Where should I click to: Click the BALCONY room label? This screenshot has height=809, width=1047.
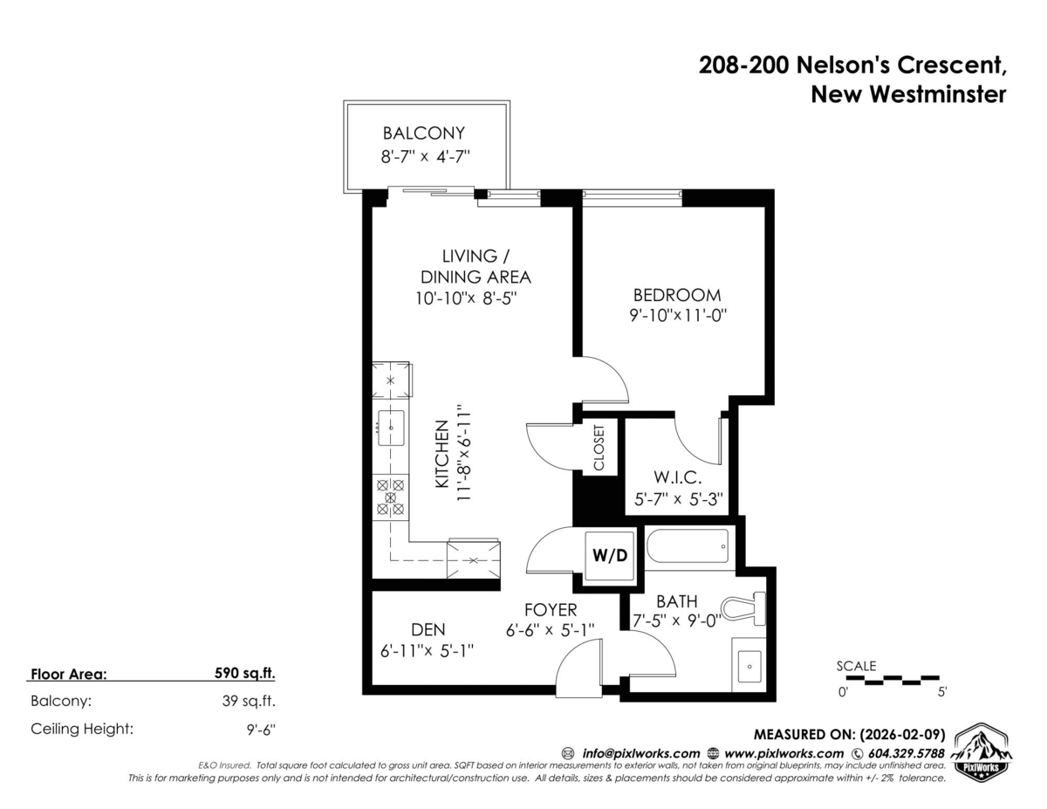pyautogui.click(x=423, y=134)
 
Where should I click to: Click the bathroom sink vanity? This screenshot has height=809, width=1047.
pyautogui.click(x=749, y=666)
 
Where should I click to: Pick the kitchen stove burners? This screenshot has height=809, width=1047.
pyautogui.click(x=390, y=497)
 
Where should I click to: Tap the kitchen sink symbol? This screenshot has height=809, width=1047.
pyautogui.click(x=390, y=427)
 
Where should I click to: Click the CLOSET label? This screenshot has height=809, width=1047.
pyautogui.click(x=599, y=448)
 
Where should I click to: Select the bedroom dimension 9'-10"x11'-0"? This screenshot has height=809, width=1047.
pyautogui.click(x=677, y=316)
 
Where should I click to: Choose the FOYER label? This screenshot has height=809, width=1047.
pyautogui.click(x=550, y=608)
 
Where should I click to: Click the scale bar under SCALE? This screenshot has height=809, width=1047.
pyautogui.click(x=890, y=678)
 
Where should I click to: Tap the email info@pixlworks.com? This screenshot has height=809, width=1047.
pyautogui.click(x=640, y=753)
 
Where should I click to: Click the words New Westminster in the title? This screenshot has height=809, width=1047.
pyautogui.click(x=908, y=94)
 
